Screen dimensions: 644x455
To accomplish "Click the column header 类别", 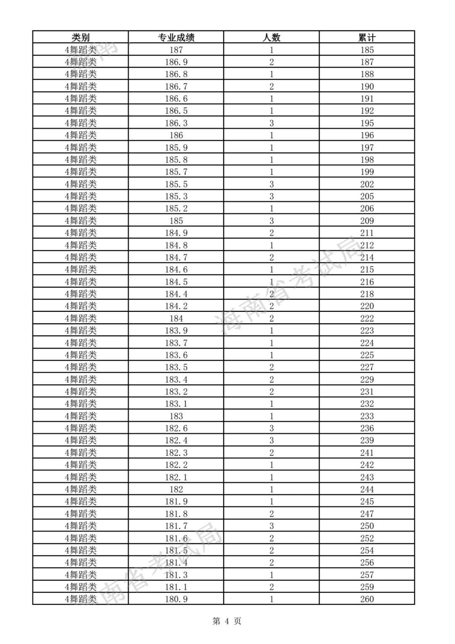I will click(x=80, y=37).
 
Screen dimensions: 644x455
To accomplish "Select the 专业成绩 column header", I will click(x=176, y=37).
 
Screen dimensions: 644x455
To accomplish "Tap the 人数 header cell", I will click(x=271, y=37).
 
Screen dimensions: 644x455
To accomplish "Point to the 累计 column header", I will click(x=367, y=37).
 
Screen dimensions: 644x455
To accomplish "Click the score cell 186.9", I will click(x=176, y=62).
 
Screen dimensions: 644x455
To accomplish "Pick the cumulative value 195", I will click(x=367, y=123).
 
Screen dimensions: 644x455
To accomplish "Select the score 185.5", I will click(x=176, y=184).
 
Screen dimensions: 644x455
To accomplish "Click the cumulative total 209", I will click(x=367, y=221).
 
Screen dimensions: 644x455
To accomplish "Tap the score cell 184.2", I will click(x=176, y=306).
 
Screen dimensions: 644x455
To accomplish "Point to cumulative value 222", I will click(x=367, y=318).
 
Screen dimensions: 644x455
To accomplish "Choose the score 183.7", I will click(x=176, y=343).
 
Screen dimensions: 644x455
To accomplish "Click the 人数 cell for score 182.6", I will click(x=271, y=428).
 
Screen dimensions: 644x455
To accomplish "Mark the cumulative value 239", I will click(x=367, y=440).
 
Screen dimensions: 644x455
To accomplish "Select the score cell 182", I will click(x=176, y=489).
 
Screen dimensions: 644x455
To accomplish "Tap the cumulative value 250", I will click(x=367, y=526).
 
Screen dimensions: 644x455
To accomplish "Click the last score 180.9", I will click(x=176, y=599).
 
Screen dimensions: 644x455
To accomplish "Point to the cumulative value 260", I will click(x=367, y=599).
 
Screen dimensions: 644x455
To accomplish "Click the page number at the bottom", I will click(x=227, y=621).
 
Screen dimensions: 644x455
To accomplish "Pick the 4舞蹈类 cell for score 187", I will click(x=80, y=50).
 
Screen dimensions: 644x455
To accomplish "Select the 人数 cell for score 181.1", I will click(x=271, y=587).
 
